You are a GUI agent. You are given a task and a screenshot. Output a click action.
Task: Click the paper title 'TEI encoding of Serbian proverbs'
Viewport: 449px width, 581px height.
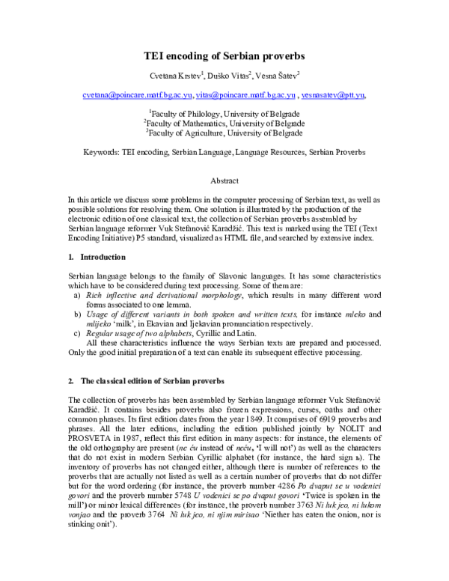click(x=224, y=55)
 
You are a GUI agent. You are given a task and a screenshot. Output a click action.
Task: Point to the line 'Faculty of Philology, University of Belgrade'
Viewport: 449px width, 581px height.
click(x=225, y=112)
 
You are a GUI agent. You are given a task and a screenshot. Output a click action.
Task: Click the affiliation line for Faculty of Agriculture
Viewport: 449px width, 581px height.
click(x=225, y=132)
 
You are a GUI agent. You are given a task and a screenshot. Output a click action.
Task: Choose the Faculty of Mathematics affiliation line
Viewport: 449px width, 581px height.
click(x=225, y=122)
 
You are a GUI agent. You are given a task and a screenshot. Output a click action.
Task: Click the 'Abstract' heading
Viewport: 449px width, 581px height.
click(x=224, y=181)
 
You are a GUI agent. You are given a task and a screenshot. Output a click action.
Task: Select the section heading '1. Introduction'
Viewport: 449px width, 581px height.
click(x=91, y=257)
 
